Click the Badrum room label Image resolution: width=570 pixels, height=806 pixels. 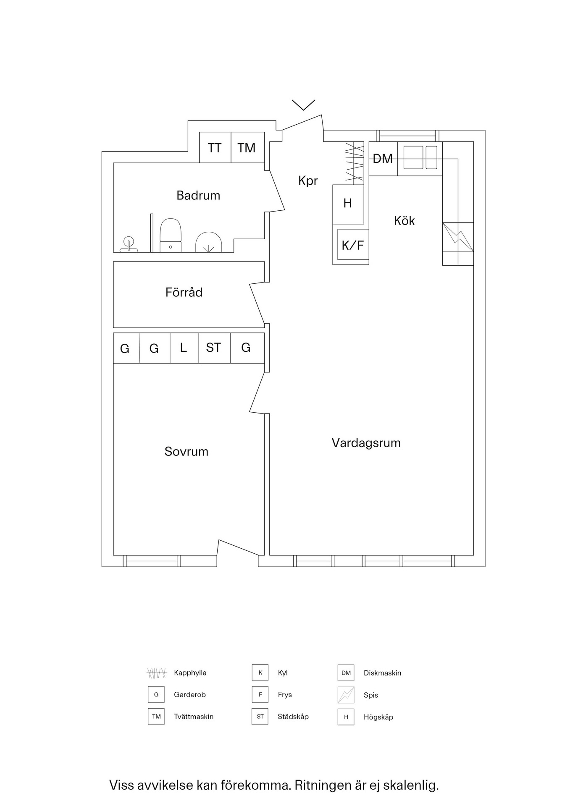pyautogui.click(x=198, y=196)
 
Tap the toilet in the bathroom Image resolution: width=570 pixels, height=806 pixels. pyautogui.click(x=171, y=236)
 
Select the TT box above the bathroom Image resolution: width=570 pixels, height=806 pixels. pyautogui.click(x=215, y=148)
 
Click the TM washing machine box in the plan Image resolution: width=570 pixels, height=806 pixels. pyautogui.click(x=247, y=148)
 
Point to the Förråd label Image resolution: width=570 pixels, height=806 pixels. pyautogui.click(x=184, y=293)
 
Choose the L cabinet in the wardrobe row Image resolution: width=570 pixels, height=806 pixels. pyautogui.click(x=184, y=348)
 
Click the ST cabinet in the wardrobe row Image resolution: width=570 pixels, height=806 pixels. pyautogui.click(x=214, y=348)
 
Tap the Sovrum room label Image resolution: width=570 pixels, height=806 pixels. pyautogui.click(x=186, y=452)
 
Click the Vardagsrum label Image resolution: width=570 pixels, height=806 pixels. pyautogui.click(x=366, y=443)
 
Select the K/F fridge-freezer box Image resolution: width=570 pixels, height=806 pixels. pyautogui.click(x=353, y=245)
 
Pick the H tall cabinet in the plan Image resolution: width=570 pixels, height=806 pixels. pyautogui.click(x=348, y=204)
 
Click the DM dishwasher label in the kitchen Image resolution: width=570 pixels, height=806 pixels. pyautogui.click(x=383, y=159)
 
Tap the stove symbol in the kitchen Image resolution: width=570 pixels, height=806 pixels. pyautogui.click(x=458, y=237)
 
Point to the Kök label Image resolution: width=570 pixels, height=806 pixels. pyautogui.click(x=404, y=221)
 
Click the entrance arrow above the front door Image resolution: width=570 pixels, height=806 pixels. pyautogui.click(x=303, y=105)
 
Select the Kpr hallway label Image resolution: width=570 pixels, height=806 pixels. pyautogui.click(x=308, y=181)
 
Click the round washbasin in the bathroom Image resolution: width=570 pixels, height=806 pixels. pyautogui.click(x=129, y=242)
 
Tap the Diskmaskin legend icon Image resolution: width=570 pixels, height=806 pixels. pyautogui.click(x=346, y=673)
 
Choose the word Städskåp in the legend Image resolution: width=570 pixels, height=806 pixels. pyautogui.click(x=293, y=717)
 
